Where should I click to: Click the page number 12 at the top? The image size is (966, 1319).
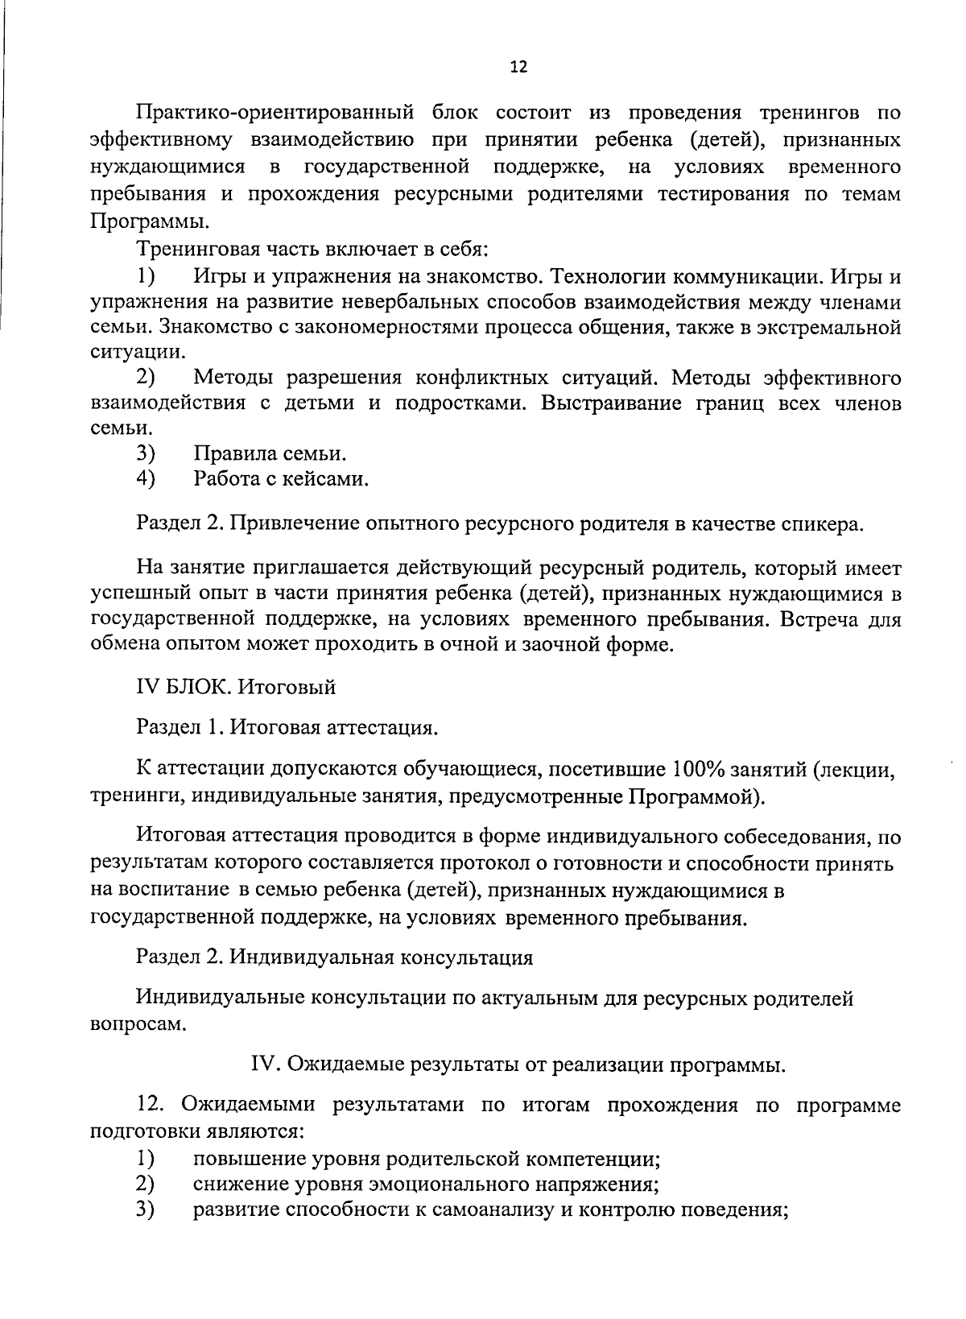click(518, 68)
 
